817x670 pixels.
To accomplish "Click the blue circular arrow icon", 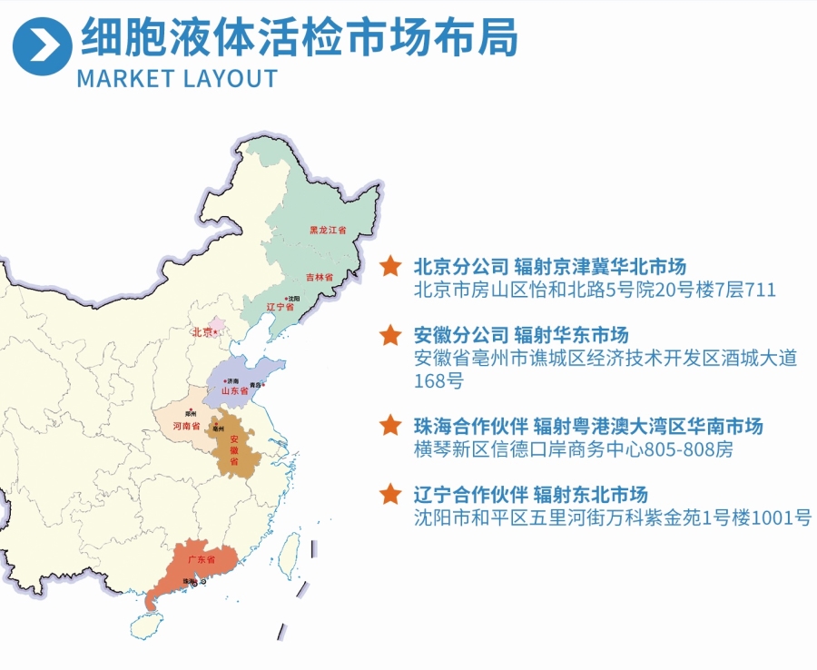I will [42, 44].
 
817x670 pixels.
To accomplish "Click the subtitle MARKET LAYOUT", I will [177, 78].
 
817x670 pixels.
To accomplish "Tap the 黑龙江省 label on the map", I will [328, 231].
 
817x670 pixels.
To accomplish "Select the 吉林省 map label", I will [319, 276].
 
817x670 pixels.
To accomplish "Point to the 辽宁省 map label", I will [281, 307].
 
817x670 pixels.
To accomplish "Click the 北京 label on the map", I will [202, 332].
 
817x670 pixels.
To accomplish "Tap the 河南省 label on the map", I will [186, 425].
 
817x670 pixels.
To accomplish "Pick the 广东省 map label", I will [195, 561].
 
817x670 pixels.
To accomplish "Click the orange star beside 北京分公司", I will [390, 266].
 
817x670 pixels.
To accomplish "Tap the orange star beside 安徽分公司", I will [390, 335].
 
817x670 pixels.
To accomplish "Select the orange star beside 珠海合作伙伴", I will [390, 425].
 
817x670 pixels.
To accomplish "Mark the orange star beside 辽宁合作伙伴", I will [390, 494].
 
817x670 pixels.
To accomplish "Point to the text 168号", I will [438, 381].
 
